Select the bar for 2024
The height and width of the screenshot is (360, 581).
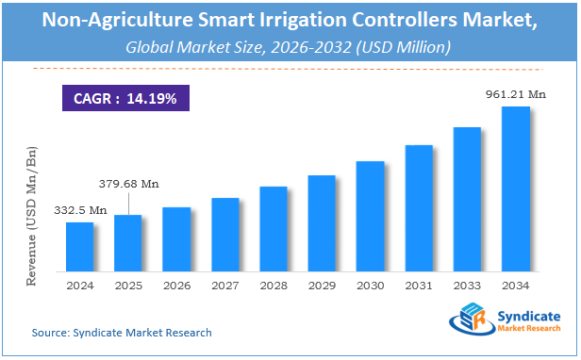[79, 245]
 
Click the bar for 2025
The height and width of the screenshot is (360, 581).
[128, 241]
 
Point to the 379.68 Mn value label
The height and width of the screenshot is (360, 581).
[129, 183]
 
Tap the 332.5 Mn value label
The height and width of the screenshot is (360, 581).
[79, 208]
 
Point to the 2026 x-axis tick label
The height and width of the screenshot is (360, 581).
[176, 285]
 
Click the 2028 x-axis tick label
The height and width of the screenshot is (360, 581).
[274, 285]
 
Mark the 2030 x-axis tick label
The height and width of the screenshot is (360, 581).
[370, 285]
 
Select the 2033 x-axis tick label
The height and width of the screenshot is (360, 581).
[467, 285]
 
